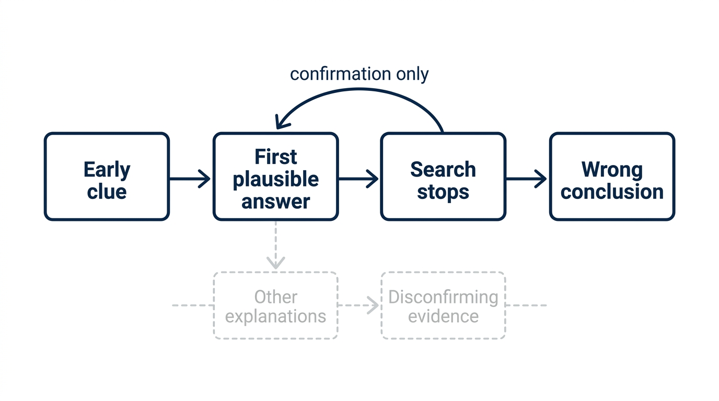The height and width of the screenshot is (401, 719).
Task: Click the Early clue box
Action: coord(107,176)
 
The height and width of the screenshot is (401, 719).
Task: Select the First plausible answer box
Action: coord(276,176)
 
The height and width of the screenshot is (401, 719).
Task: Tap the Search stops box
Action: coord(443,176)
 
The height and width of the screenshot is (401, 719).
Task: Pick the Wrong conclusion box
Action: coord(612,176)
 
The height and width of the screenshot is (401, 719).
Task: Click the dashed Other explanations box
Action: coord(276,305)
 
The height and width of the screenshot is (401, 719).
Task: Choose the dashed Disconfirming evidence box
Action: coord(443,305)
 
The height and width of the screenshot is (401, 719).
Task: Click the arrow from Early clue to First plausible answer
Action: coord(190,179)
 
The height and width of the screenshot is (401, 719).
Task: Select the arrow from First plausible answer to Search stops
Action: coord(358,179)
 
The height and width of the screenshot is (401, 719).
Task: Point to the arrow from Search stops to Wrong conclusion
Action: coord(526,179)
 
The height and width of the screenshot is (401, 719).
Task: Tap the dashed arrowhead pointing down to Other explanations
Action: coord(276,263)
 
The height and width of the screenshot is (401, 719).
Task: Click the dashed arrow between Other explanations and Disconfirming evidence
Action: coord(358,305)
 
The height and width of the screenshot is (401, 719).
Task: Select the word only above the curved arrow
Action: coord(412,75)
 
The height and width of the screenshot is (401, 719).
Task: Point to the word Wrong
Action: coord(612,169)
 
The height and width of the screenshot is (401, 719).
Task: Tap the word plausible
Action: coord(276,180)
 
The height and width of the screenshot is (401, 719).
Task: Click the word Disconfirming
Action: coord(443,297)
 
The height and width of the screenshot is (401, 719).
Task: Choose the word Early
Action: coord(107,170)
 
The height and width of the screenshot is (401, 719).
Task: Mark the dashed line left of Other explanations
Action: coord(193,305)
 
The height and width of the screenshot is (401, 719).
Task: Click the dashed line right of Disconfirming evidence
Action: coord(526,305)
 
